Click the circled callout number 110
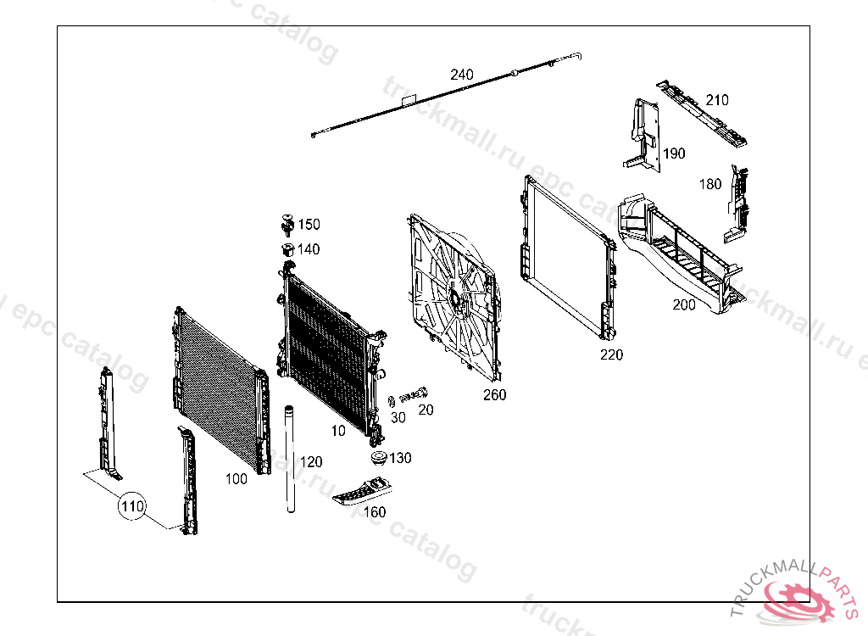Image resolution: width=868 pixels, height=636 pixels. pyautogui.click(x=131, y=507)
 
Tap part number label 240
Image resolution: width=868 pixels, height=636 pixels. pyautogui.click(x=462, y=75)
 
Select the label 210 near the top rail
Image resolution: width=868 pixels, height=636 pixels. pyautogui.click(x=717, y=100)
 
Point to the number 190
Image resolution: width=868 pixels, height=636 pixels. pyautogui.click(x=675, y=153)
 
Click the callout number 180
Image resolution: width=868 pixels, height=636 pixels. pyautogui.click(x=710, y=184)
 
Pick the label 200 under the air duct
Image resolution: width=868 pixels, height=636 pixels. pyautogui.click(x=684, y=304)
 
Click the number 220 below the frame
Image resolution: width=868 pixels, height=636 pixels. pyautogui.click(x=611, y=355)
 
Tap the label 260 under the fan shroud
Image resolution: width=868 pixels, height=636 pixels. pyautogui.click(x=494, y=394)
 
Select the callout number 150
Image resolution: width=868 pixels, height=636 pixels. pyautogui.click(x=309, y=225)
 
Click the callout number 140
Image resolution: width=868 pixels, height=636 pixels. pyautogui.click(x=309, y=249)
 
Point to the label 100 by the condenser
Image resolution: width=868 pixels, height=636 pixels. pyautogui.click(x=236, y=479)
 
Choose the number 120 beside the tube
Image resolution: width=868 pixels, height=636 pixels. pyautogui.click(x=311, y=462)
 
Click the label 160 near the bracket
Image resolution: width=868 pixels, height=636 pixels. pyautogui.click(x=375, y=512)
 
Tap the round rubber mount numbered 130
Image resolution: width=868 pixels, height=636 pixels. pyautogui.click(x=378, y=459)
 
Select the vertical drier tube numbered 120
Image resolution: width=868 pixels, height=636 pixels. pyautogui.click(x=289, y=458)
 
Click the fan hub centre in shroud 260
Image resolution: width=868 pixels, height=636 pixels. pyautogui.click(x=454, y=298)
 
